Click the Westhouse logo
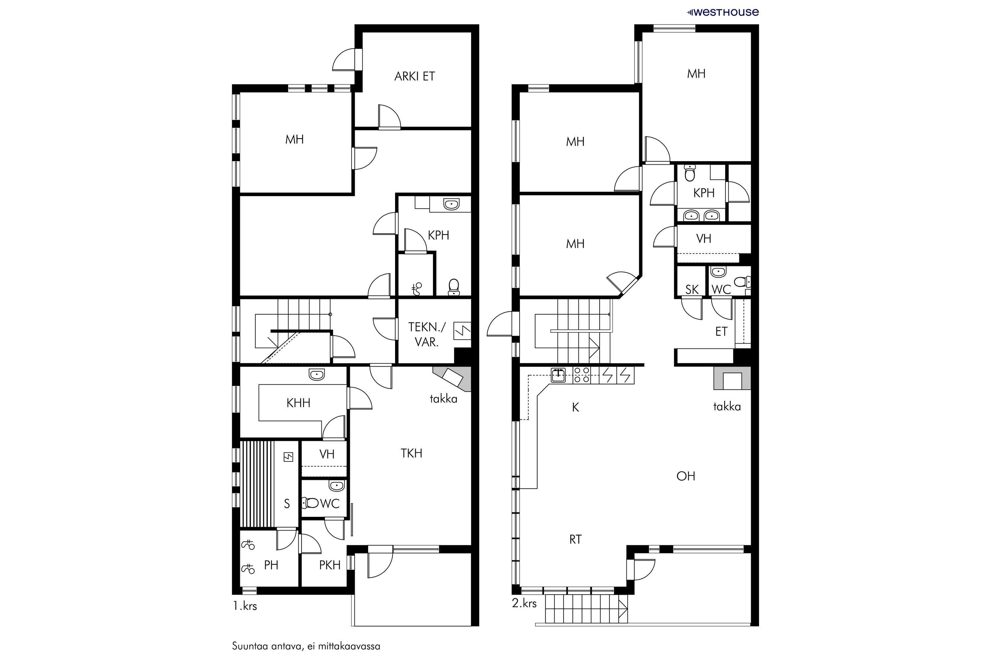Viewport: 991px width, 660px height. [x=723, y=12]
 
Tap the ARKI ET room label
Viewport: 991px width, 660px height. [x=414, y=76]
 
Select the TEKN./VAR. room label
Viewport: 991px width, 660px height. [x=427, y=334]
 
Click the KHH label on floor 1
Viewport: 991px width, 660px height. [x=298, y=403]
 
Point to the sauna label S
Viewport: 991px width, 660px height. [x=287, y=504]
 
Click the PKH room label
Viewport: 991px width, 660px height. [x=329, y=565]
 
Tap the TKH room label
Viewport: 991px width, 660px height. [x=411, y=453]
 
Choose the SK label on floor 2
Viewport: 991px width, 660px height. [x=692, y=290]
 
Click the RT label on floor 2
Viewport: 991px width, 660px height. [x=575, y=540]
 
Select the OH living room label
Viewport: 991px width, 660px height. [x=685, y=476]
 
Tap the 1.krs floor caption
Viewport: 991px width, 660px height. [x=245, y=606]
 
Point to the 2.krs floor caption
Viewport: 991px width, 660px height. [x=524, y=603]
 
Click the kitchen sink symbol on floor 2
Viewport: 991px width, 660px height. [x=559, y=375]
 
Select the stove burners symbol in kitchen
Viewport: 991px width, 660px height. [x=582, y=375]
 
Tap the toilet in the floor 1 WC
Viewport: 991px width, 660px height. [x=311, y=503]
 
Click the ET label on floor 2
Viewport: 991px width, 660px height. [x=721, y=332]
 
